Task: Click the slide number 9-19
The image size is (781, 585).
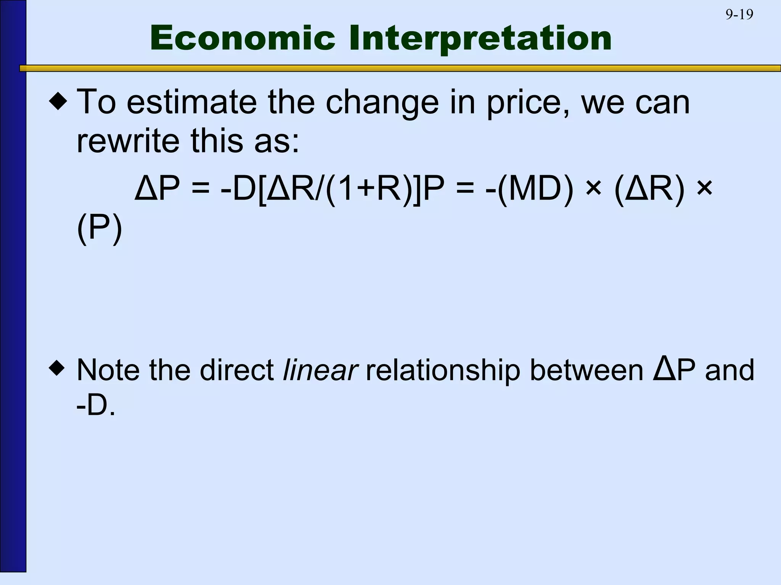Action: pos(739,14)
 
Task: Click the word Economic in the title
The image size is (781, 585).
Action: pos(243,38)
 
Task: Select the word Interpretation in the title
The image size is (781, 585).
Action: pos(480,39)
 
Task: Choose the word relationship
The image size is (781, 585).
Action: pos(443,370)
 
